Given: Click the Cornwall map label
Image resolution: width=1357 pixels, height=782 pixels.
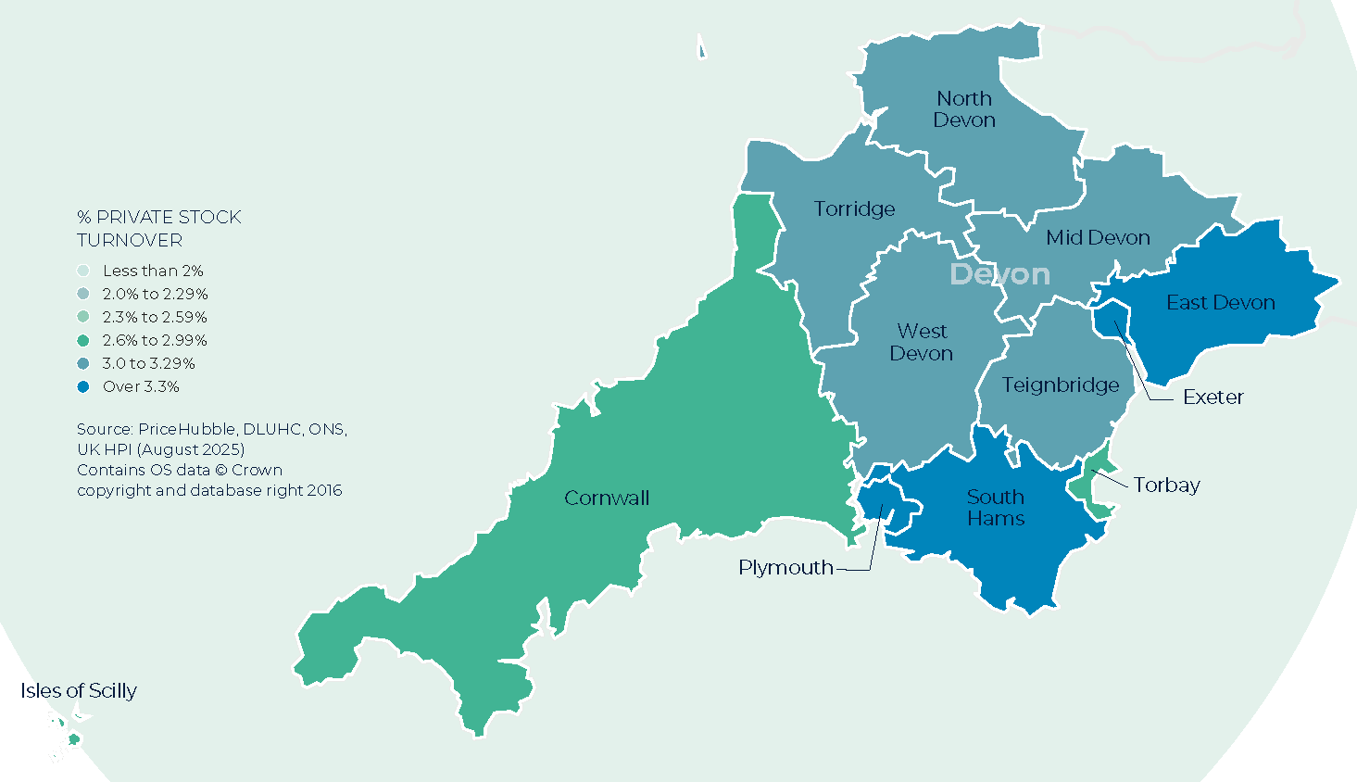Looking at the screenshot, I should tap(607, 498).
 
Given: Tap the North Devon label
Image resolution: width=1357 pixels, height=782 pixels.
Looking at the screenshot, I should tap(964, 109).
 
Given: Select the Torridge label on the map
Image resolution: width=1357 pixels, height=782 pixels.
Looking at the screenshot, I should tap(854, 208).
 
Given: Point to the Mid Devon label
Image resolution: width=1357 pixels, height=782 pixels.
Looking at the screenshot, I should tap(1098, 237).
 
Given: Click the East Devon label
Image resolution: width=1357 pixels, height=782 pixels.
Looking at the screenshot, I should tap(1220, 302).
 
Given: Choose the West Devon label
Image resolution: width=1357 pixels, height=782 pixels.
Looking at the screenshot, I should tap(922, 342).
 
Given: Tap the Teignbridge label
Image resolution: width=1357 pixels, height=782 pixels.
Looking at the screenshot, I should tap(1060, 385).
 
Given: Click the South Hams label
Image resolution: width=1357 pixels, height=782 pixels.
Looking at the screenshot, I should tap(996, 508).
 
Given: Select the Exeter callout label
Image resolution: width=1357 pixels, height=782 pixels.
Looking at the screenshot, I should tap(1213, 397).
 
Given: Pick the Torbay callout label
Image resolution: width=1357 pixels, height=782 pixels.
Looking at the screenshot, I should tap(1166, 485).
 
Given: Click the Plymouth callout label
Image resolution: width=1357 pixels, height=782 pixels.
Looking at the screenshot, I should tap(785, 567).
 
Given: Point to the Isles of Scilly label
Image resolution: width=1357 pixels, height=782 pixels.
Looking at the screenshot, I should tap(79, 690).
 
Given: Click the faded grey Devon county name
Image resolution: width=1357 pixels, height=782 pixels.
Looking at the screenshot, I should tap(999, 274).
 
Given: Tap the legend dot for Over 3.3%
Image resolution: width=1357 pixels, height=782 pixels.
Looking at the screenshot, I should tap(83, 386).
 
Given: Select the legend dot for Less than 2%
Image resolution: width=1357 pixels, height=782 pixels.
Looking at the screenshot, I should tap(83, 271).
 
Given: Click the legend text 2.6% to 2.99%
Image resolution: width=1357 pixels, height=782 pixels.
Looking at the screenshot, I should tap(155, 340).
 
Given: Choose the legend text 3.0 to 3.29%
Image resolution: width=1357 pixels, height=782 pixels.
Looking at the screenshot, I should tap(148, 363).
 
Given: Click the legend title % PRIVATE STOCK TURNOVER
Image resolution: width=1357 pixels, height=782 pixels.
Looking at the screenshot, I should tap(158, 228).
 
